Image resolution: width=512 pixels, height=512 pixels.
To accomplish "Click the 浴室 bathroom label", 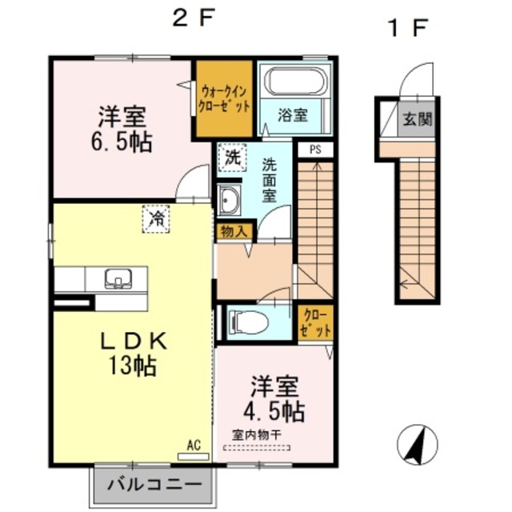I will click(293, 115).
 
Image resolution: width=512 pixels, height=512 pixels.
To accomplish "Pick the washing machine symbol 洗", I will click(231, 158).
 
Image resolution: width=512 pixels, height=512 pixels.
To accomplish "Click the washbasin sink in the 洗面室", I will click(227, 200).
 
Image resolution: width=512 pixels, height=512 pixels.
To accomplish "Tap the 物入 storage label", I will click(234, 231).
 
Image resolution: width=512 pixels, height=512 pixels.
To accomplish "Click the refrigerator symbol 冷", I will click(157, 218).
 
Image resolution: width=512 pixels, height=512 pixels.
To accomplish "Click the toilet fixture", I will click(246, 322).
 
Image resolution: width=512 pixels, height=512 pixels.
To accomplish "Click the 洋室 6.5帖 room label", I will click(124, 130).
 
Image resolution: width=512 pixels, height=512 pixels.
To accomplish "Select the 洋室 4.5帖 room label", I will click(274, 399).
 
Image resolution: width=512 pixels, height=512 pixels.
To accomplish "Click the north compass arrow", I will click(418, 445).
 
